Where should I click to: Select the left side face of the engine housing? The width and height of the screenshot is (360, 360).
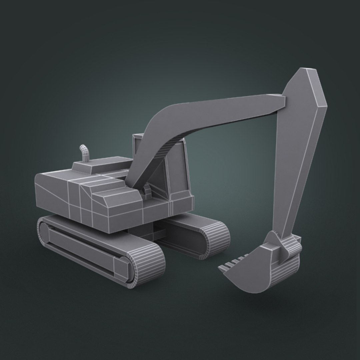pos(52,197)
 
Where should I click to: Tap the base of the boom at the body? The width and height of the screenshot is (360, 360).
pos(133,182)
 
